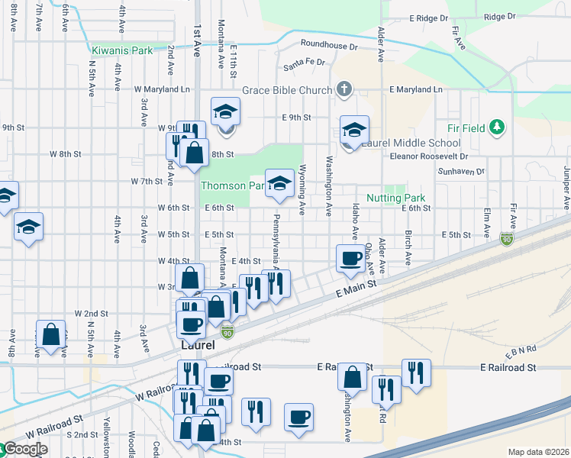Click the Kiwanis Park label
[x=122, y=51]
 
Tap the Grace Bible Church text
[x=287, y=90]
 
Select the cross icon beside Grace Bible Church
[x=344, y=90]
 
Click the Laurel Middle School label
[x=411, y=143]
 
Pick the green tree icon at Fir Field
[x=496, y=126]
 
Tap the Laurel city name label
[x=198, y=345]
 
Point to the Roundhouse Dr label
[x=329, y=45]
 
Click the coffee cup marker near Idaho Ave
[x=351, y=258]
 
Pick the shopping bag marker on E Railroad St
[x=351, y=377]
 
